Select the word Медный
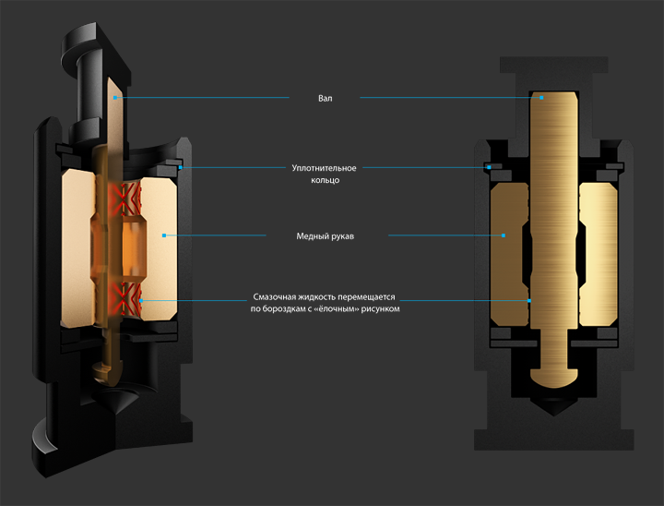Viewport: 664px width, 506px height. [x=309, y=236]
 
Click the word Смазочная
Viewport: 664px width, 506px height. [x=276, y=297]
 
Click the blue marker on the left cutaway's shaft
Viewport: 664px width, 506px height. [x=115, y=97]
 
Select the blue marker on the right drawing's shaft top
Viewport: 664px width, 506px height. [x=542, y=97]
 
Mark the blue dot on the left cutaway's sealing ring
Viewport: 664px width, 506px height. [x=182, y=168]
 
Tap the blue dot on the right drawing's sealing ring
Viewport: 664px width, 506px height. [x=487, y=168]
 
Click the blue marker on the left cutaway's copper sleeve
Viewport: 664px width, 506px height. [x=163, y=236]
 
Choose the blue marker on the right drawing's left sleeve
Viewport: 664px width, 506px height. [x=504, y=236]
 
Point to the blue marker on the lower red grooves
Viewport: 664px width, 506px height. [x=140, y=300]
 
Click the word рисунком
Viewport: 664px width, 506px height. [x=381, y=309]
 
